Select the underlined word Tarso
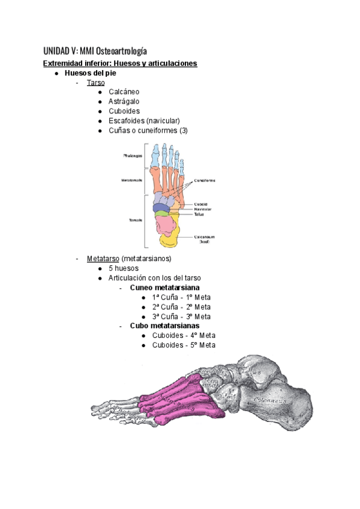(95, 83)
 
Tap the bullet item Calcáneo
(124, 92)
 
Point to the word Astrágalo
(124, 102)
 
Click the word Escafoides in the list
(127, 121)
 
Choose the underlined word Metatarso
(103, 259)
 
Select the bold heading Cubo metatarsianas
(164, 326)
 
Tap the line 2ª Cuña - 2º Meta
(181, 307)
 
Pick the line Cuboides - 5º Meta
(183, 345)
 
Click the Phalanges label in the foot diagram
(133, 155)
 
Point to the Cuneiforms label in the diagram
(205, 179)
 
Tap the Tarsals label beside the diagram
(135, 220)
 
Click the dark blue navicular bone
(161, 207)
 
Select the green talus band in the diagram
(161, 213)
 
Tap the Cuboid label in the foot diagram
(200, 203)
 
